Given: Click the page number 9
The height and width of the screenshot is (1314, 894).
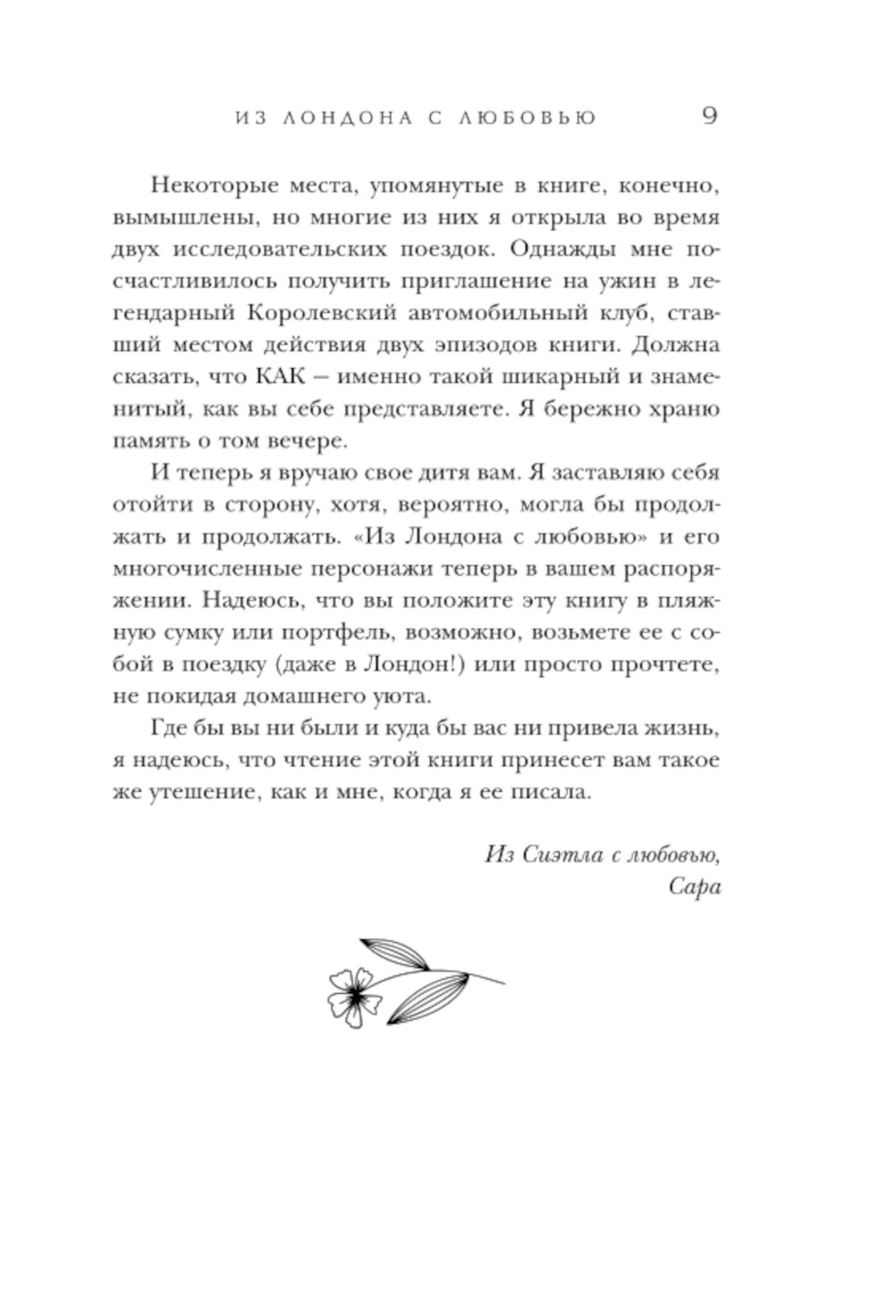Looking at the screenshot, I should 709,116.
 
